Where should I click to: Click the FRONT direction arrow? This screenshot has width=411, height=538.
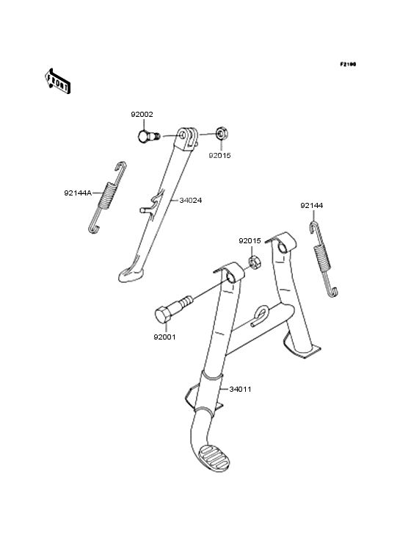tap(57, 81)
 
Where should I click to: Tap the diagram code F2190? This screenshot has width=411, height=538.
tap(348, 64)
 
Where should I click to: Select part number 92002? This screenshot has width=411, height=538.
tap(142, 114)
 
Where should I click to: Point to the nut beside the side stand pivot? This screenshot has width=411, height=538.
tap(222, 134)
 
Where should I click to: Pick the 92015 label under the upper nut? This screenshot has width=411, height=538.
tap(220, 155)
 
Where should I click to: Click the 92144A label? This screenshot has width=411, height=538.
tap(78, 193)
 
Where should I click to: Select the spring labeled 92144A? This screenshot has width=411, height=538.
tap(107, 197)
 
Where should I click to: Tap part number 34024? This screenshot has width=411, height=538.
tap(191, 200)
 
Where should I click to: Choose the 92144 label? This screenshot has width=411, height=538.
tap(312, 206)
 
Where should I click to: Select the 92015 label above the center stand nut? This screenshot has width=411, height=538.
tap(250, 241)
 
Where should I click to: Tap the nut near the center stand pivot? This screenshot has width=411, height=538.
tap(255, 263)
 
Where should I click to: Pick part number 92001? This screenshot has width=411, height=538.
tap(164, 337)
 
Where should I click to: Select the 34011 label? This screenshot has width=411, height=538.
tap(241, 389)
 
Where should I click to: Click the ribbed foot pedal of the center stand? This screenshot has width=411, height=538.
tap(214, 459)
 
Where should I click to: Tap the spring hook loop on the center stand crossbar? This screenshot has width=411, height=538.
tap(261, 315)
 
